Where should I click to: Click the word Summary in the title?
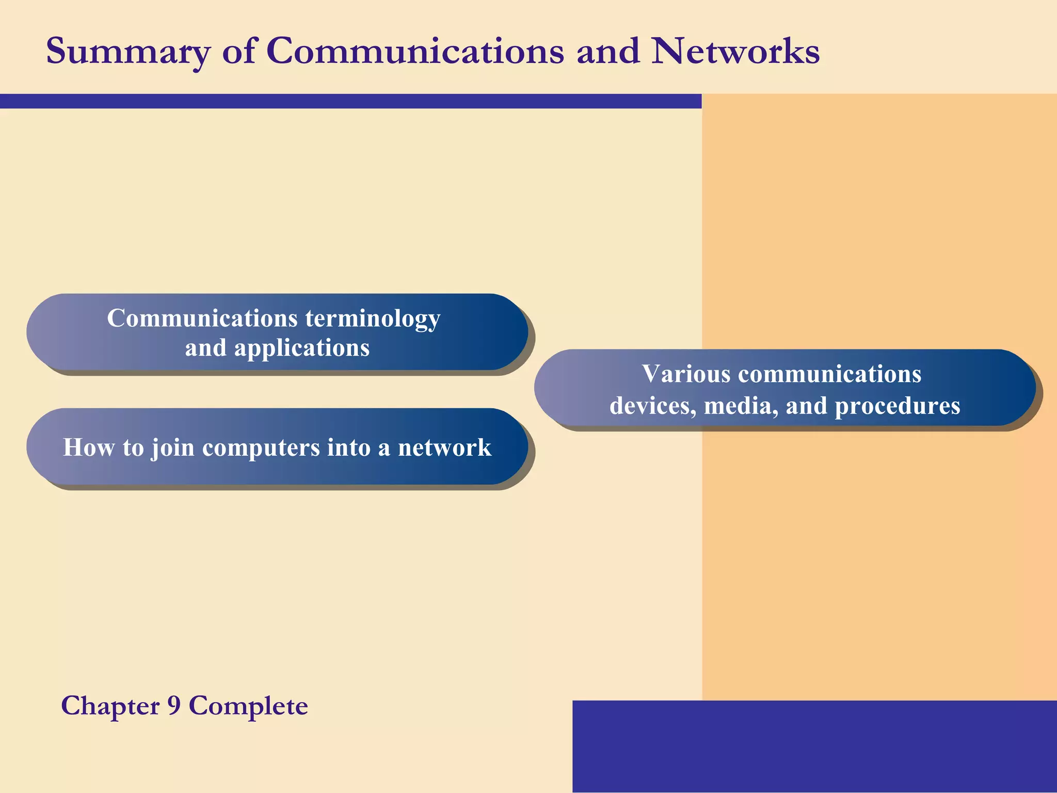coord(128,52)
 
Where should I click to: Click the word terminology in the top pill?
coord(373,319)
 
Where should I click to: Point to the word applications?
coord(302,348)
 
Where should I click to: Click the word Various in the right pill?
coord(686,374)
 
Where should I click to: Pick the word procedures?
coord(898,406)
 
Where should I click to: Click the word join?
coord(172,448)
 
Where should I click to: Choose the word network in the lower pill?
coord(444,448)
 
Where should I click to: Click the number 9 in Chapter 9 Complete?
coord(174,706)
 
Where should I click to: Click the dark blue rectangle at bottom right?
coord(814,746)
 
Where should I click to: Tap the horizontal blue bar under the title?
coord(351,101)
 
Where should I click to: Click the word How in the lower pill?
coord(89,448)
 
